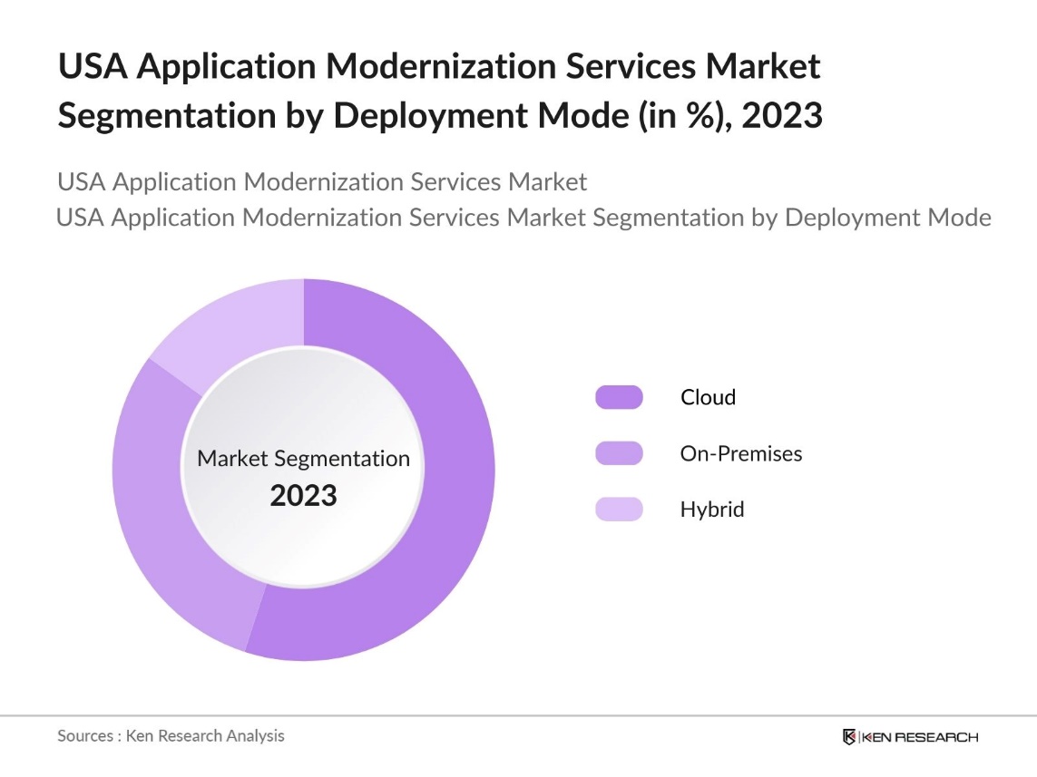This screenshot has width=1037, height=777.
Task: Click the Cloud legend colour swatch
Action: (x=619, y=397)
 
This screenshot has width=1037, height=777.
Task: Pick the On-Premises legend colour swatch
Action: (x=619, y=453)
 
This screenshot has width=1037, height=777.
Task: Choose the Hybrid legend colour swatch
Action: (x=619, y=510)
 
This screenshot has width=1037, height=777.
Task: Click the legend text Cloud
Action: (x=709, y=397)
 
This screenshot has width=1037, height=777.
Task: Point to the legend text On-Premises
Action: (x=741, y=453)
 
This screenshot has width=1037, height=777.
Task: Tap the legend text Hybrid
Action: (x=712, y=510)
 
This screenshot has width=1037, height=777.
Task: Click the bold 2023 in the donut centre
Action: (x=304, y=496)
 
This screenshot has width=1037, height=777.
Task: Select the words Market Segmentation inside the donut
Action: (x=304, y=459)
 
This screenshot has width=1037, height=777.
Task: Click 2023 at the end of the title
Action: (x=782, y=116)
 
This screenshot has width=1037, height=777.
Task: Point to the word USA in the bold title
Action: (x=91, y=66)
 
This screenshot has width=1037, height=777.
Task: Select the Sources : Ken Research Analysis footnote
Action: (x=171, y=735)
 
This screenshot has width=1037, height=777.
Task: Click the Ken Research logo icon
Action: (x=850, y=736)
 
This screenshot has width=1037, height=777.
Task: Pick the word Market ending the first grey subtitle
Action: (x=547, y=181)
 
